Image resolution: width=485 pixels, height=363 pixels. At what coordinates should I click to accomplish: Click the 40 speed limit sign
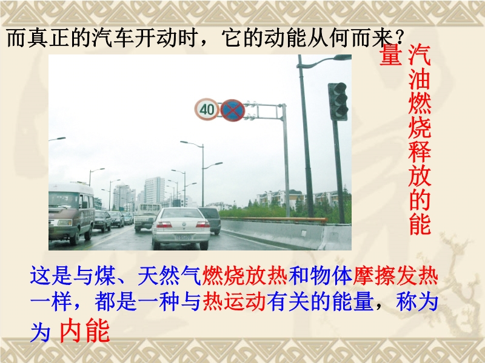[x=207, y=110]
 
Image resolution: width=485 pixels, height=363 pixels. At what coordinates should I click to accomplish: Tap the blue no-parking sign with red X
[x=233, y=110]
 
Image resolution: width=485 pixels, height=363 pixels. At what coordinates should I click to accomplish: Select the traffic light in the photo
[x=338, y=102]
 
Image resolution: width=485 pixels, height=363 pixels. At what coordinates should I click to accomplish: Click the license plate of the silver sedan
[x=184, y=237]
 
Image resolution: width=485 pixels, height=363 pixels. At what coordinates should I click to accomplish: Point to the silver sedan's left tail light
[x=164, y=224]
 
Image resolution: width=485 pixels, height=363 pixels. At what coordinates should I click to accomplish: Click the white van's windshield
[x=64, y=200]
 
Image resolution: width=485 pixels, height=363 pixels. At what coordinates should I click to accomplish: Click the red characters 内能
[x=84, y=330]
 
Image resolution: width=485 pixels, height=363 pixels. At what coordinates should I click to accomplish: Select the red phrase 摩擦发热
[x=395, y=276]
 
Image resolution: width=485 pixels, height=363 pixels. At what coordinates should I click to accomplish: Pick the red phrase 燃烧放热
[x=245, y=276]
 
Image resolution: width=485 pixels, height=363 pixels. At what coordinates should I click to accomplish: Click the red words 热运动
[x=234, y=302]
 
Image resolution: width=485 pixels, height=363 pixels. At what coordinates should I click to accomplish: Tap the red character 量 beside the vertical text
[x=391, y=54]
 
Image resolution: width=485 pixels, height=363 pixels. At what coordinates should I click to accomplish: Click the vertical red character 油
[x=420, y=80]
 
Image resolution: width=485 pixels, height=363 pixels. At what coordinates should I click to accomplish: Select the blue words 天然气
[x=170, y=276]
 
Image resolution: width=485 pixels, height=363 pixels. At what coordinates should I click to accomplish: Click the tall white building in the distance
[x=154, y=190]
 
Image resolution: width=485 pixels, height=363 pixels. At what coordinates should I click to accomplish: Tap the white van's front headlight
[x=64, y=223]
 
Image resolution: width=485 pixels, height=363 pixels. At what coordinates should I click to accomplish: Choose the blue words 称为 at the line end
[x=416, y=302]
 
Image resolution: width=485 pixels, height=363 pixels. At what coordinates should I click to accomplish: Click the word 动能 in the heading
[x=286, y=38]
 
